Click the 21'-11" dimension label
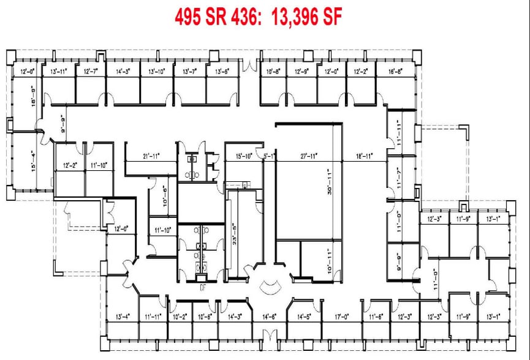click(150, 157)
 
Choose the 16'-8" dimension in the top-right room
click(396, 72)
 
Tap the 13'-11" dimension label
click(59, 72)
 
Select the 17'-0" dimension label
click(342, 317)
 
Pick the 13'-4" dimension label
click(123, 317)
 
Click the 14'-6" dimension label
click(269, 317)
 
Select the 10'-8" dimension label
click(273, 72)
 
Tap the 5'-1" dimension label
click(268, 157)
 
